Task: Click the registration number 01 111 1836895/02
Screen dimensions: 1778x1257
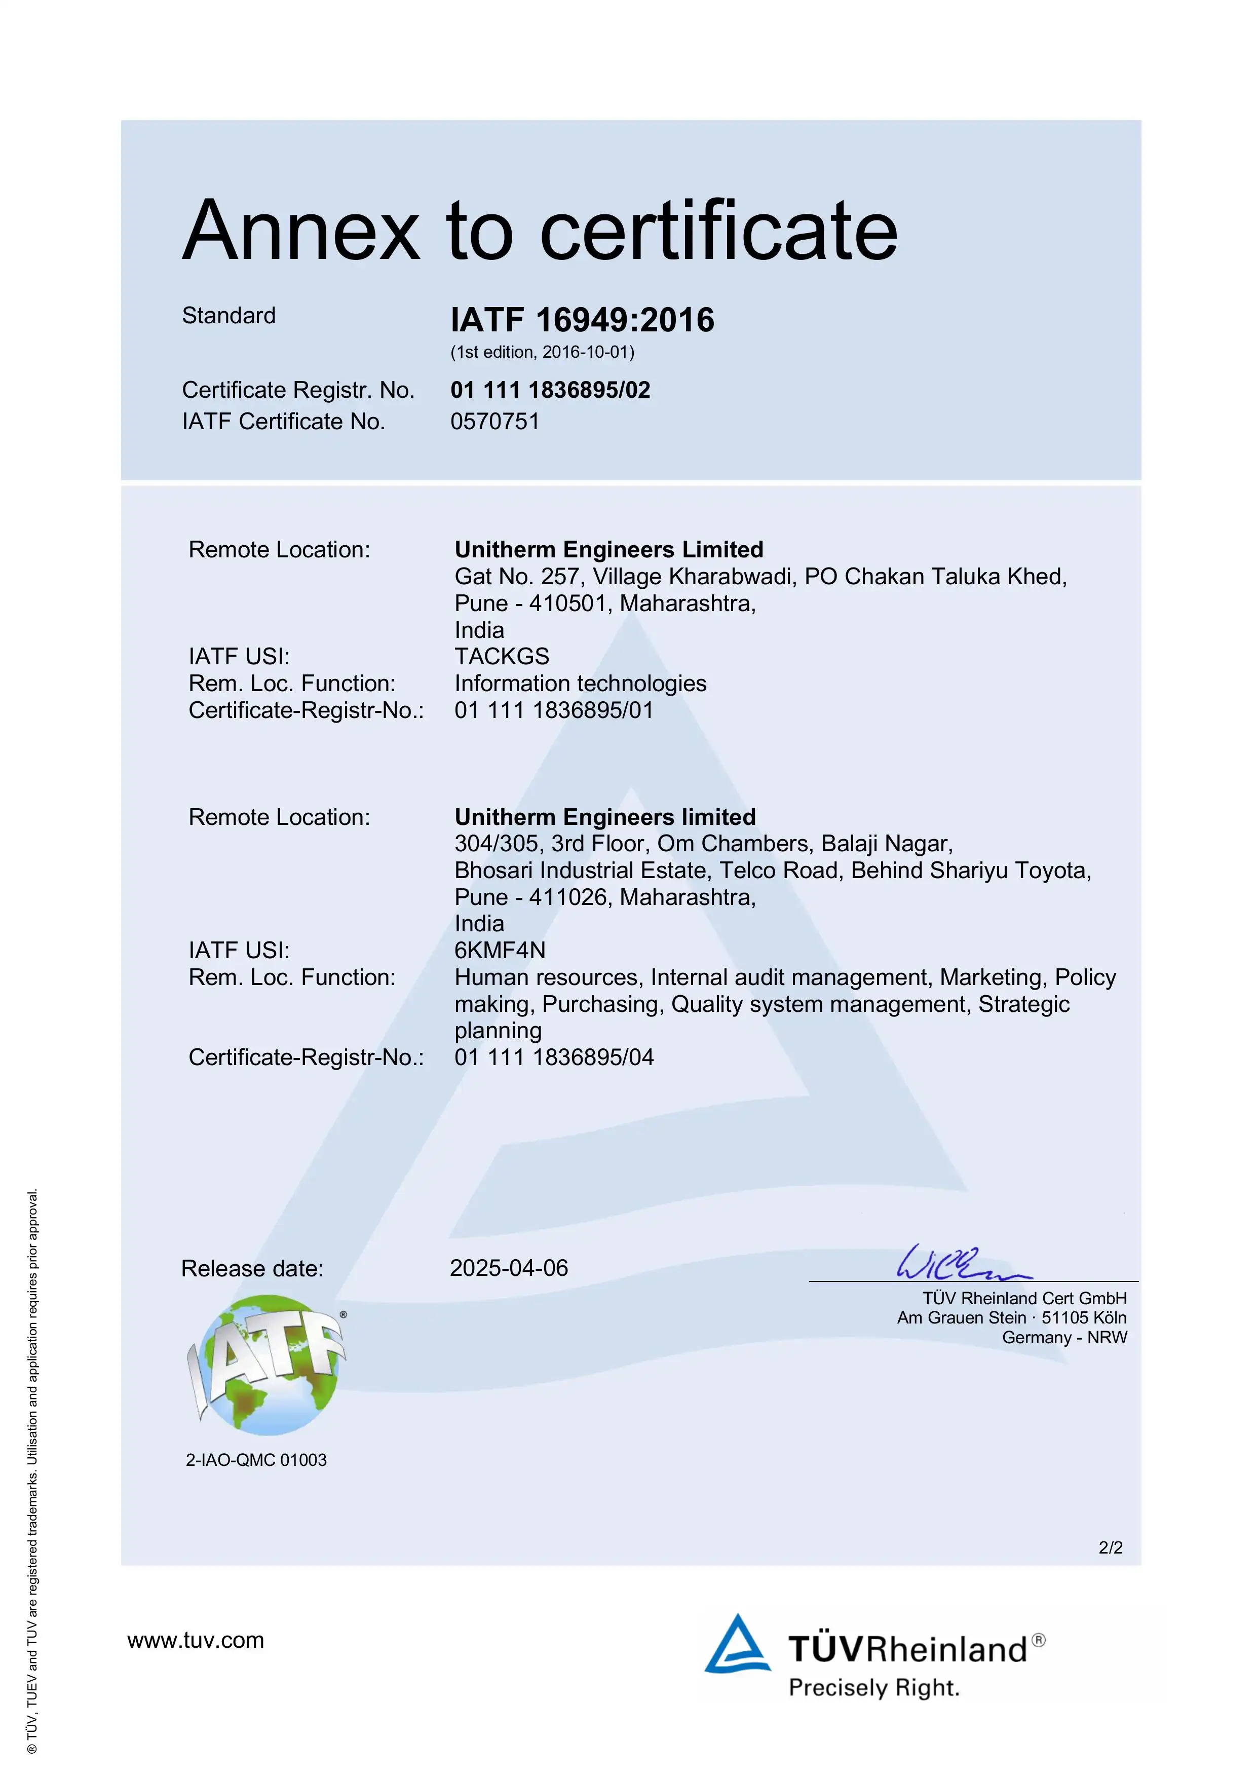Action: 550,390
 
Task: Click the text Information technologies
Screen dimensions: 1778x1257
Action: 580,684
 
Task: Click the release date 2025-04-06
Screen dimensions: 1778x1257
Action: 509,1268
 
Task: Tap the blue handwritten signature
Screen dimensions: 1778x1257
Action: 961,1263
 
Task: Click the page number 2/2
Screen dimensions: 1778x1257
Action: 1110,1547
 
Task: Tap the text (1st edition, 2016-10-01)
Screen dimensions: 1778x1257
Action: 542,352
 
